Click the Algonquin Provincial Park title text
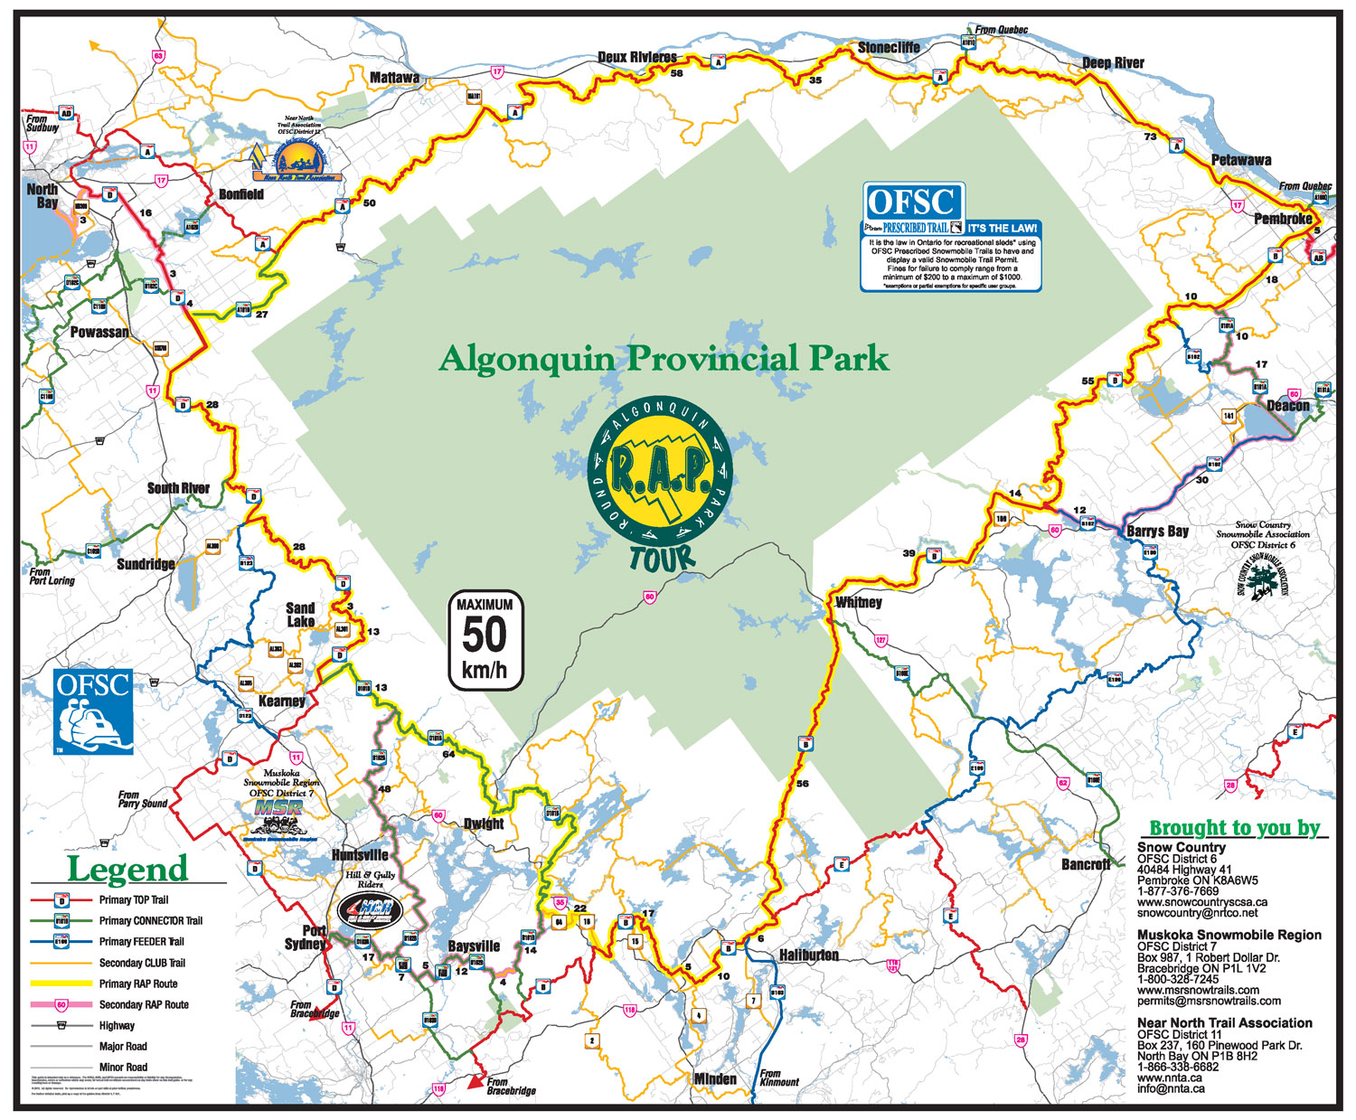coord(664,359)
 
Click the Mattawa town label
coord(394,78)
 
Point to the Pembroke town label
coord(1282,219)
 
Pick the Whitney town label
coord(858,602)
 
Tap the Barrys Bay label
coord(1157,531)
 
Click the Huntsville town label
coord(360,855)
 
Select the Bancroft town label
coord(1086,864)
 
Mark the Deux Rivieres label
coord(637,57)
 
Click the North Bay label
coord(42,196)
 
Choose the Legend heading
coord(127,869)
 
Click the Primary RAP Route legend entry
coord(138,984)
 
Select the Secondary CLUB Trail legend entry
coord(142,963)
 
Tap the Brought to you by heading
coord(1234,827)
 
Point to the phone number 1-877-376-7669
coord(1178,890)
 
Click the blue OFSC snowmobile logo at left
coord(93,711)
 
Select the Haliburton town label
coord(809,955)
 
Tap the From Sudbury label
coord(42,123)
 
